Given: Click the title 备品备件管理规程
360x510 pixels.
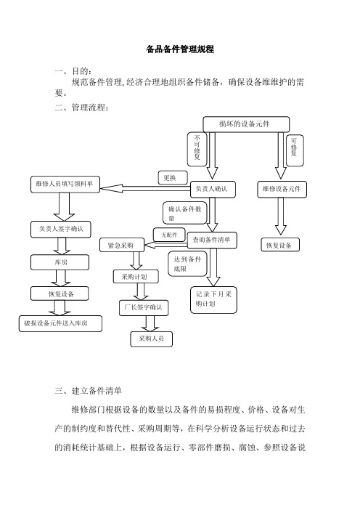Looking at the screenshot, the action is (180, 49).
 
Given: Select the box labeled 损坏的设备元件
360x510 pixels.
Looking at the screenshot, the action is (246, 124).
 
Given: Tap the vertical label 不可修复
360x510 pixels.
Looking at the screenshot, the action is (197, 149).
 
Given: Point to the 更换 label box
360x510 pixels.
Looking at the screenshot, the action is (173, 177).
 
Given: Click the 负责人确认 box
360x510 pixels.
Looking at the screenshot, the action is (213, 189).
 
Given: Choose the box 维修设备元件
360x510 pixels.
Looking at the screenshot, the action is (282, 189).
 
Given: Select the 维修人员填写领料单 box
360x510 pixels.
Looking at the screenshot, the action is (65, 184).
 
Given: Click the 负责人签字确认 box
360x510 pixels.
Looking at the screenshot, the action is (61, 230).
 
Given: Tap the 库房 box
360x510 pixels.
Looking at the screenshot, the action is (60, 262).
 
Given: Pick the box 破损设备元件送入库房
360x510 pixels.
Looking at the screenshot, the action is (60, 323).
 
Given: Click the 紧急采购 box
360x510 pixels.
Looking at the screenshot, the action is (121, 246).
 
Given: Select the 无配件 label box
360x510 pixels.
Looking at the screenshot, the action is (169, 235).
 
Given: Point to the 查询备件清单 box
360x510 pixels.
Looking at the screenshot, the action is (212, 240).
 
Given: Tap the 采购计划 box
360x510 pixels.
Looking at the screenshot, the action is (136, 277).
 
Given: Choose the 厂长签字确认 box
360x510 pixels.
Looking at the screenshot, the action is (144, 308).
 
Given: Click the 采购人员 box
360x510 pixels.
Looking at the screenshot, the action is (152, 339).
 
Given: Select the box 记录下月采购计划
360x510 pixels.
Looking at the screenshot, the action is (213, 300).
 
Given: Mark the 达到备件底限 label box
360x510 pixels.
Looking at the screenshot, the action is (187, 264).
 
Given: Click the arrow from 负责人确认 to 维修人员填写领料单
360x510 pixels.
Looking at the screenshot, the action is (145, 188).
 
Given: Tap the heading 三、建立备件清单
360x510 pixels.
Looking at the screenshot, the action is (88, 391).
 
